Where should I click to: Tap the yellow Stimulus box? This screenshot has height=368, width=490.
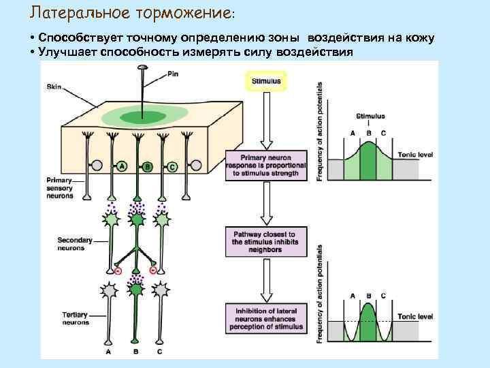266,81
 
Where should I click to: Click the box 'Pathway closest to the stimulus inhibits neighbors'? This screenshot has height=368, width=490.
266,243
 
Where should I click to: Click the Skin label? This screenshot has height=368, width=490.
54,87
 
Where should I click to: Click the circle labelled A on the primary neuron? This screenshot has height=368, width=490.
121,166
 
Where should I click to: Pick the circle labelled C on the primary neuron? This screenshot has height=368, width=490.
172,166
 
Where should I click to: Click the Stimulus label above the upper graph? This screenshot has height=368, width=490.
370,117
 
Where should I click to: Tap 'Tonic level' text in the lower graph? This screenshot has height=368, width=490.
415,317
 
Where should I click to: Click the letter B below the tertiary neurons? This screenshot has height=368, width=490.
136,352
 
